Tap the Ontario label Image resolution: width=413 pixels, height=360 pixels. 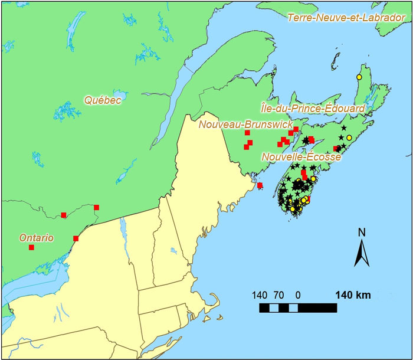pyautogui.click(x=37, y=238)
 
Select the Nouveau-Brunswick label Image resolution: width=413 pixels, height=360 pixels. pyautogui.click(x=245, y=125)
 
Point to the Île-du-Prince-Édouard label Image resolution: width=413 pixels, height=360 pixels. pyautogui.click(x=313, y=108)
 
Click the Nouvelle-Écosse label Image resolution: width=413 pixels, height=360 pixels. pyautogui.click(x=301, y=157)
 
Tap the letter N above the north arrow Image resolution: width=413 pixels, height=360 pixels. pyautogui.click(x=361, y=231)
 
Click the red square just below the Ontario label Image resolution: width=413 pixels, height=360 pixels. pyautogui.click(x=31, y=247)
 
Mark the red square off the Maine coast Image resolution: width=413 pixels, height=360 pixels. pyautogui.click(x=260, y=186)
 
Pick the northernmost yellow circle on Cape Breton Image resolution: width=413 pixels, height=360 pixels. pyautogui.click(x=359, y=77)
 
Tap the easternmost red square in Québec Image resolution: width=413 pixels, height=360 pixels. pyautogui.click(x=96, y=207)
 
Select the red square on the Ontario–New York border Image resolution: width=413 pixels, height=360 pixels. pyautogui.click(x=76, y=238)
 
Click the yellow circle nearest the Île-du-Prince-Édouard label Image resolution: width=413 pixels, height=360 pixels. pyautogui.click(x=349, y=138)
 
